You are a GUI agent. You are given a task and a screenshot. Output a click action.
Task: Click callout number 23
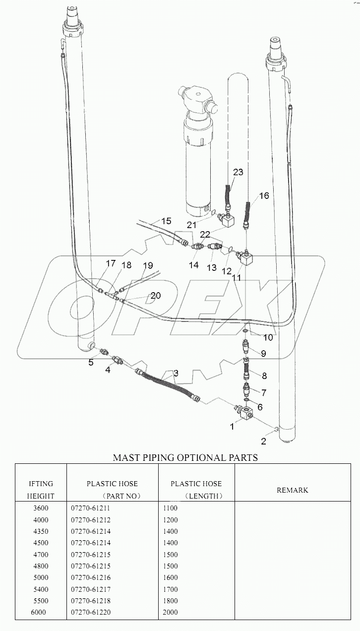[x=239, y=172]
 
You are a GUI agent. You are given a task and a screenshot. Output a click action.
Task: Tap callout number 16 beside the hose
[x=264, y=196]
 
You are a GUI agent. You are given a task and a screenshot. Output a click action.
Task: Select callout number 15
[x=166, y=220]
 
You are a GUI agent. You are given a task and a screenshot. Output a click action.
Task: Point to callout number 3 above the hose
[x=176, y=373]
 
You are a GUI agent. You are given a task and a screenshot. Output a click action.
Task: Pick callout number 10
[x=268, y=338]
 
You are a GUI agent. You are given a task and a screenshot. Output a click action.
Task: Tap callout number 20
[x=156, y=296]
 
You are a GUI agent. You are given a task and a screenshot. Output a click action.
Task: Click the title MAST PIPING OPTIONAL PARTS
[x=185, y=457]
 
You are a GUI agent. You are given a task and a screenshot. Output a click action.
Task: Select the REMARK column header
[x=292, y=490]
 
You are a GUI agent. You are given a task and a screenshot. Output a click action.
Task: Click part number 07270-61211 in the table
[x=90, y=508]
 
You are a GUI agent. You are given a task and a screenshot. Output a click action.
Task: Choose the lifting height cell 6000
[x=38, y=612]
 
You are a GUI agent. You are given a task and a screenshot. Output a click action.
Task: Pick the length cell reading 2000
[x=170, y=612]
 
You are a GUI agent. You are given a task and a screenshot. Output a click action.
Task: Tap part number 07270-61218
[x=90, y=601]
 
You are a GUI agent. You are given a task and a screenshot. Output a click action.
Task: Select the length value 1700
[x=170, y=589]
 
